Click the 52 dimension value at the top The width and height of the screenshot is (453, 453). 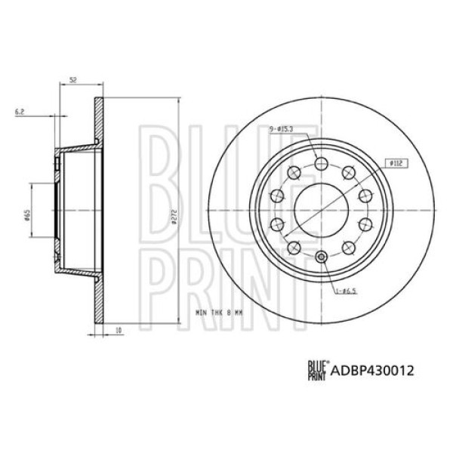pyautogui.click(x=73, y=79)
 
